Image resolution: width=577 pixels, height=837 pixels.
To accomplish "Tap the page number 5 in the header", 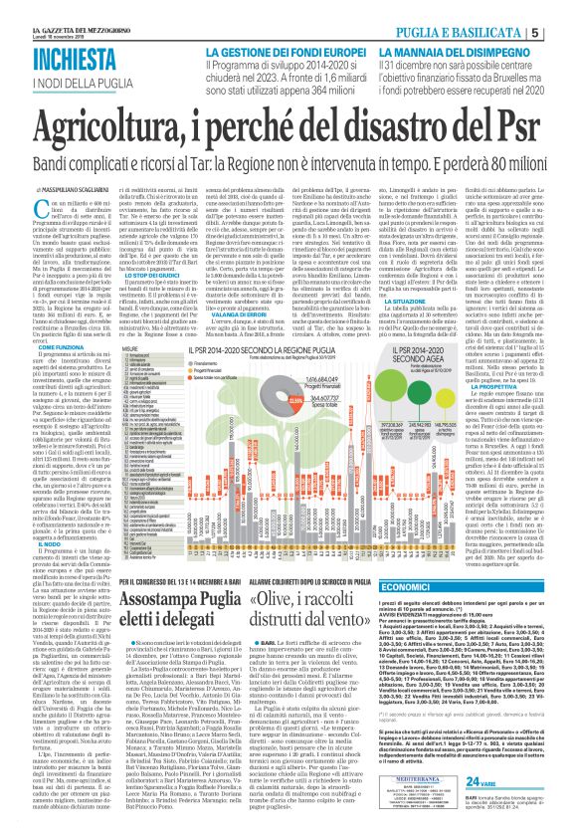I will [562, 33].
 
